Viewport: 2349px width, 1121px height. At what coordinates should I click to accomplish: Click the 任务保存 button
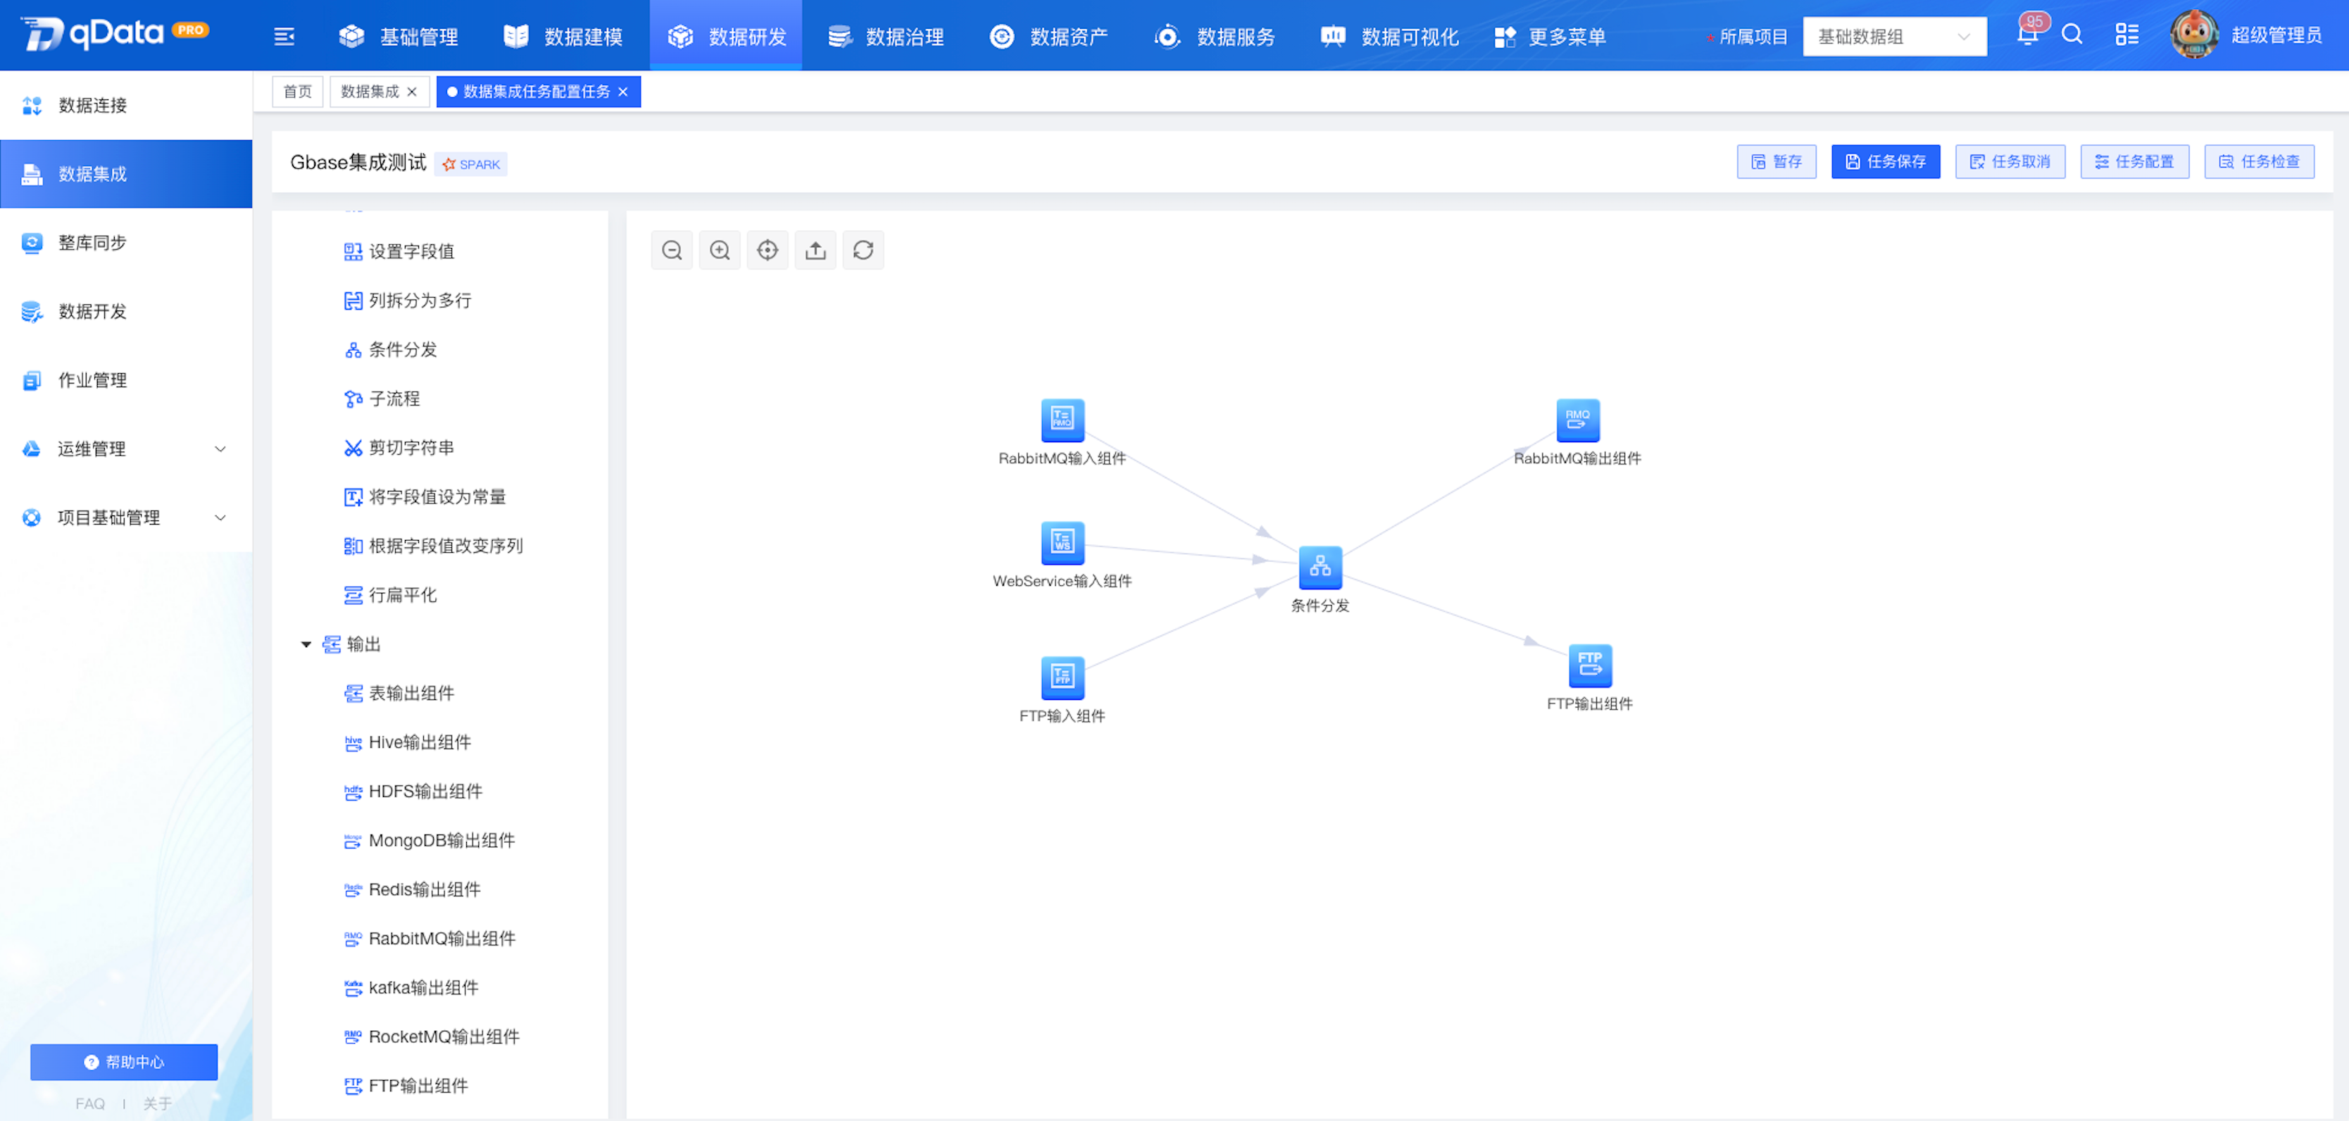tap(1885, 161)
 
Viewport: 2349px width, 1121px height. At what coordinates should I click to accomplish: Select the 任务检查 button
tap(2259, 161)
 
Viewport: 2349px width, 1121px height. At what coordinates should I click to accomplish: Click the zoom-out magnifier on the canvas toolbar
tap(672, 250)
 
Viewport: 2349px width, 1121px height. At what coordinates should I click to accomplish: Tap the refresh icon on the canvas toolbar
tap(863, 250)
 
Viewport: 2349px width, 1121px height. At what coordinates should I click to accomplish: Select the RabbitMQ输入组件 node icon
tap(1063, 420)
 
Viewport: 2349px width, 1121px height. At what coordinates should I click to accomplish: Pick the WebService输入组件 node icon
tap(1063, 543)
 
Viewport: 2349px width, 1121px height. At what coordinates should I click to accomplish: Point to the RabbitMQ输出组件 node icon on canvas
tap(1577, 420)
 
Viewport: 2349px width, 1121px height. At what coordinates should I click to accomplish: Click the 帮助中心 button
tap(124, 1062)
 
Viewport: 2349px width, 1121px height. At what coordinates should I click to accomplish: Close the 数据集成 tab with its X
tap(412, 92)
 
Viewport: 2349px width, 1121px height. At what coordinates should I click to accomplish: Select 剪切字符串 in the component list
tap(399, 448)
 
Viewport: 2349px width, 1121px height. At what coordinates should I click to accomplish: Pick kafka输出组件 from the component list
tap(411, 988)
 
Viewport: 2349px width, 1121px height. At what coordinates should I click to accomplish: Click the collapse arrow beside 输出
tap(306, 645)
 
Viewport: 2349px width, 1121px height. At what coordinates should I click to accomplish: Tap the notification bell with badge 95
tap(2028, 35)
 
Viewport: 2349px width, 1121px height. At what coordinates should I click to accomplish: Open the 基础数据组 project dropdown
tap(1894, 37)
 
